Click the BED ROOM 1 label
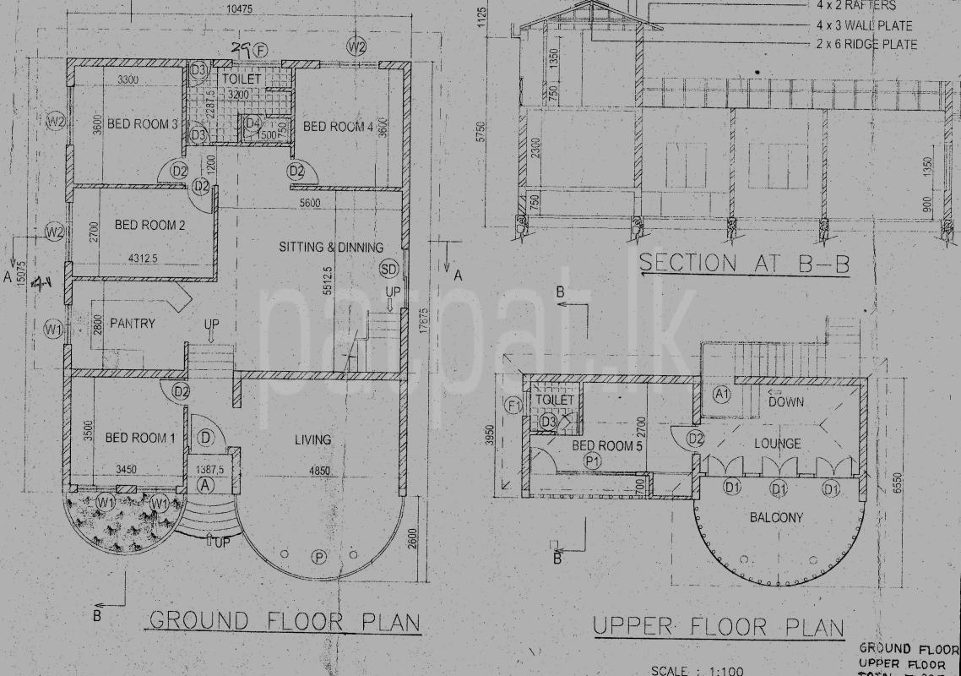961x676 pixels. pos(139,438)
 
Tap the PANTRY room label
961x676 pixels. pos(132,323)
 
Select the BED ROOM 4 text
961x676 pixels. pos(337,127)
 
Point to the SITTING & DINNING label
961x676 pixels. pos(331,247)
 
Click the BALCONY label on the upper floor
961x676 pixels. pos(776,517)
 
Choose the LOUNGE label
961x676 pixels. pos(778,444)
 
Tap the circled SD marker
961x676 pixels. pos(388,269)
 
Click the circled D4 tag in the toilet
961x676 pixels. pos(252,124)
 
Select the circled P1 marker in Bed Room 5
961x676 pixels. pos(592,461)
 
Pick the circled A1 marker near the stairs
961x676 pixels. pos(721,394)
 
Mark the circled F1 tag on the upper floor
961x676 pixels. pos(513,406)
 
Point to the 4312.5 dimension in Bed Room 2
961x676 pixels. pos(144,258)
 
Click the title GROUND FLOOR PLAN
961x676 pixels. pos(285,622)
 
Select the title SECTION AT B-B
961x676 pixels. pos(743,263)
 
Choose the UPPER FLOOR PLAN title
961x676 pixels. pos(718,627)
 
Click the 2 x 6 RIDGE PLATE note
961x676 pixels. pos(866,44)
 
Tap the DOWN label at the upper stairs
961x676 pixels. pos(786,402)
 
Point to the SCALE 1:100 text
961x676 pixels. pos(698,671)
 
